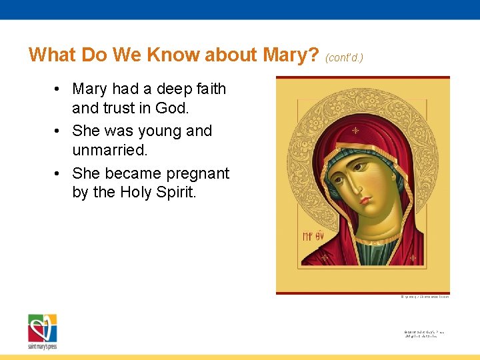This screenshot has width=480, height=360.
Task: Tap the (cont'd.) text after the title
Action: pos(344,57)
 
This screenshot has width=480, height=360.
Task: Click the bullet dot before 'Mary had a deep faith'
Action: pos(59,89)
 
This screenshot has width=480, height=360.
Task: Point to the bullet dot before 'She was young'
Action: pos(59,131)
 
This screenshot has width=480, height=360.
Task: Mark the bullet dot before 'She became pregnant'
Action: pos(59,173)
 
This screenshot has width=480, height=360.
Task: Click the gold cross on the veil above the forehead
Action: pos(355,130)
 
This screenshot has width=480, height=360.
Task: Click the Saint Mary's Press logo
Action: pos(42,330)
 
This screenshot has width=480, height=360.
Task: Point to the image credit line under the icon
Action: pos(425,297)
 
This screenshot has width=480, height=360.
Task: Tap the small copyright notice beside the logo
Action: pos(424,333)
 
